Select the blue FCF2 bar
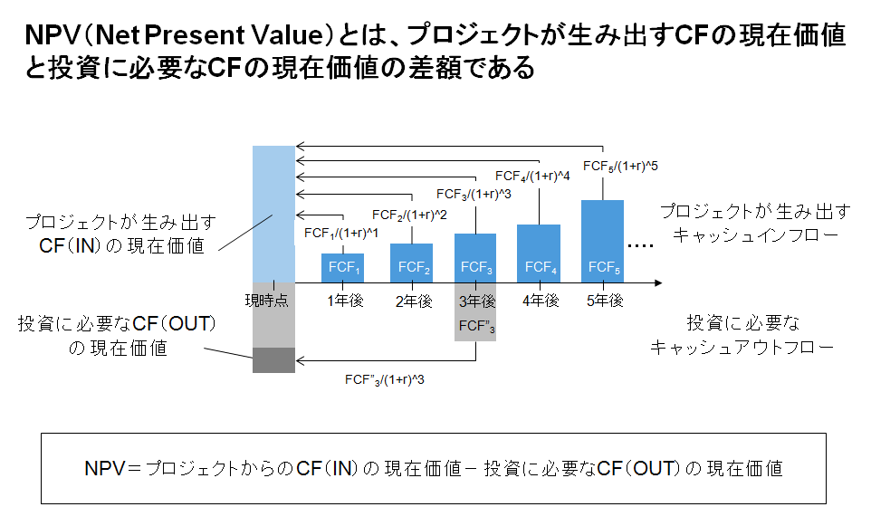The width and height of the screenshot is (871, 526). (x=412, y=263)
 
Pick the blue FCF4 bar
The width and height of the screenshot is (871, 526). (x=540, y=253)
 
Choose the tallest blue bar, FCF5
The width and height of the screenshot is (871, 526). (x=603, y=242)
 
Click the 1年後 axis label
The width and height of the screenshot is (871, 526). (x=345, y=301)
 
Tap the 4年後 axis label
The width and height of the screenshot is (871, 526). (x=540, y=301)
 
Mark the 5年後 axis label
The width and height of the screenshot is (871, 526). (x=604, y=301)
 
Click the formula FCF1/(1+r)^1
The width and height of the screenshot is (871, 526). (x=340, y=234)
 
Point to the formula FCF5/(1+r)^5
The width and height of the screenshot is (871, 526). (x=620, y=167)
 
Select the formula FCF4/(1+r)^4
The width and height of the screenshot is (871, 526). (x=532, y=176)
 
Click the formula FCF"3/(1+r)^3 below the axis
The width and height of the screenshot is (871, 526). (x=385, y=379)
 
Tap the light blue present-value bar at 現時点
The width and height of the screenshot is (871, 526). (x=273, y=214)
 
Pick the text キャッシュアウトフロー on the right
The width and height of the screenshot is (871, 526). (x=742, y=347)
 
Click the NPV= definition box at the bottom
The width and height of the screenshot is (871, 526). (x=434, y=468)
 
